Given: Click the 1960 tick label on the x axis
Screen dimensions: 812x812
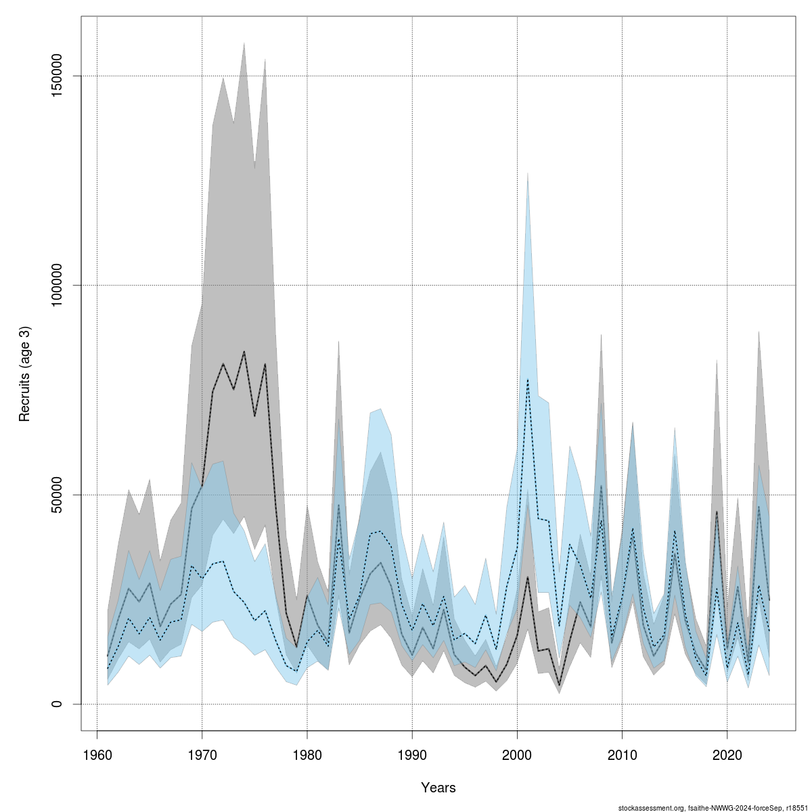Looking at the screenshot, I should click(97, 754).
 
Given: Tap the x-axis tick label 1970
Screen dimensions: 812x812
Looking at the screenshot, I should click(202, 754).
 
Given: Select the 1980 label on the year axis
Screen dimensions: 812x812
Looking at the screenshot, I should click(307, 754).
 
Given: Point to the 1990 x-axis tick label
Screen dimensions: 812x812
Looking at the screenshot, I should click(412, 754).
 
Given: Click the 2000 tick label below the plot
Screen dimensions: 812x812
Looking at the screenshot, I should click(517, 754).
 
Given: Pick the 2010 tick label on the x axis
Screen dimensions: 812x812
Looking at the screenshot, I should click(622, 754).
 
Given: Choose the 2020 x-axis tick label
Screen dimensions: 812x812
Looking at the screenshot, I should click(727, 754).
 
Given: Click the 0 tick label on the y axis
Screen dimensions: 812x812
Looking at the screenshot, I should click(59, 704).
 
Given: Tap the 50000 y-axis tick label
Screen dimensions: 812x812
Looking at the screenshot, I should click(59, 495).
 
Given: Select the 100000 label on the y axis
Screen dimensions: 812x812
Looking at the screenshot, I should click(59, 286).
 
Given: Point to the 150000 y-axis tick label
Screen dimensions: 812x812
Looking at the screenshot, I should click(59, 76).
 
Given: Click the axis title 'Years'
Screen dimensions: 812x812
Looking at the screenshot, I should click(438, 788).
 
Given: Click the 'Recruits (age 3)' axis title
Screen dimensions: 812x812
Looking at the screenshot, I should click(25, 374).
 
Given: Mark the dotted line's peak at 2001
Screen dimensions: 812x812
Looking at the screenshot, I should click(528, 379).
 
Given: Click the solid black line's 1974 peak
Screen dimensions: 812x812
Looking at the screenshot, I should click(244, 352).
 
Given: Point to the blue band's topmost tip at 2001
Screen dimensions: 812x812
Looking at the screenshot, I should click(528, 173).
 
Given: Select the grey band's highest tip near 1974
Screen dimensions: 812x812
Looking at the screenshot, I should click(244, 43).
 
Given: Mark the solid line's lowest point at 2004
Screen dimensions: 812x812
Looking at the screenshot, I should click(559, 685).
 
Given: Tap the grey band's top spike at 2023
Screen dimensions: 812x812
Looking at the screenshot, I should click(759, 331).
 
